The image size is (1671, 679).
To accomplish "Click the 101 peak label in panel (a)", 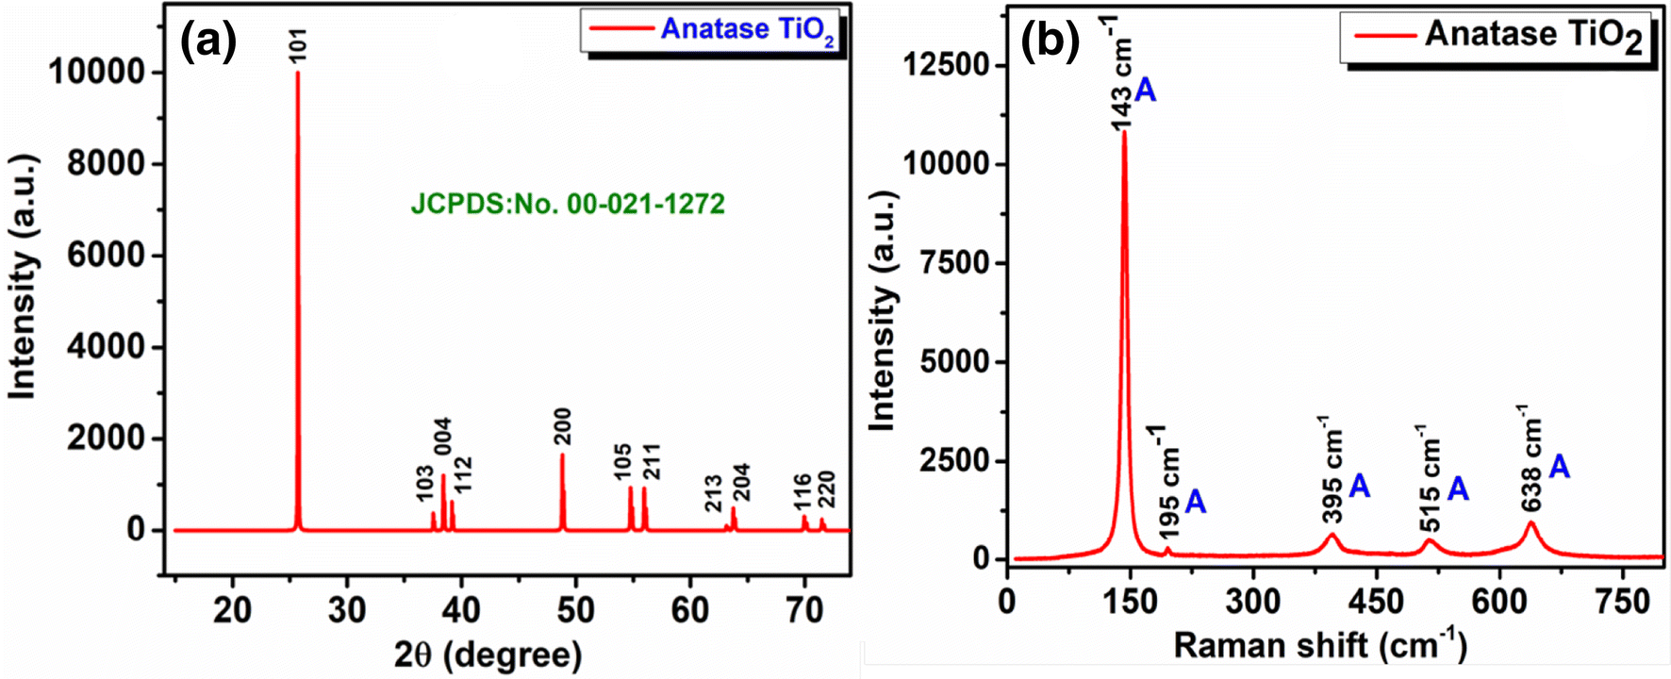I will click(299, 44).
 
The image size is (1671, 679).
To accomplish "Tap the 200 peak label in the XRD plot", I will click(563, 427).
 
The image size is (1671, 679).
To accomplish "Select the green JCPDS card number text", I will click(568, 204).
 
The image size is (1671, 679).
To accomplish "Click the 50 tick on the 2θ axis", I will click(575, 610).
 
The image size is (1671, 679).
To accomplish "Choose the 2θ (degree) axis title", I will click(488, 654).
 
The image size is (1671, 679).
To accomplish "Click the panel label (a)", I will click(208, 41).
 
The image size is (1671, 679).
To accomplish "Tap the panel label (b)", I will click(1051, 42).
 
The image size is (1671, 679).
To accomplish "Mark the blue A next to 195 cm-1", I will click(1195, 502).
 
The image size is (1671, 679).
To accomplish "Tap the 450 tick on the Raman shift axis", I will click(1376, 601).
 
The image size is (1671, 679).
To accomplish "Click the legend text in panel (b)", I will click(1532, 36).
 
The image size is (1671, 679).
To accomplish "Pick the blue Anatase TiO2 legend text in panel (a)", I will click(746, 30).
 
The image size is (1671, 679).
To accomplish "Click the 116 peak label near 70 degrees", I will click(802, 492).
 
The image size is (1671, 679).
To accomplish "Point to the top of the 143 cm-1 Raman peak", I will click(1124, 133).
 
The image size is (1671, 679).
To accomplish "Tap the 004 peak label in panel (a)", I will click(443, 437).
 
